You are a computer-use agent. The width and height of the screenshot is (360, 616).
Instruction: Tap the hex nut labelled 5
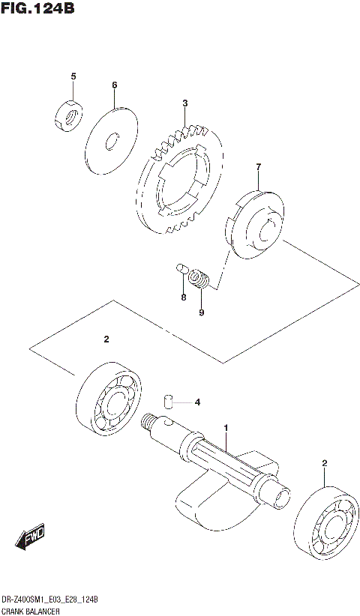pos(68,114)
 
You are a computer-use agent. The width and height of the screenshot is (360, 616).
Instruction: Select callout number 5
pos(73,76)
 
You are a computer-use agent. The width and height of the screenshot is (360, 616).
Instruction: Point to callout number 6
pos(115,85)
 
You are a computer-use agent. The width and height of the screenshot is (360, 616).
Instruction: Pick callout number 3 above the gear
pos(184,103)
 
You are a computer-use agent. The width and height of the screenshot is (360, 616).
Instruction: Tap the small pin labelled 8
pos(182,268)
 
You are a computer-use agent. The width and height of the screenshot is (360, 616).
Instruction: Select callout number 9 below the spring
pos(201,312)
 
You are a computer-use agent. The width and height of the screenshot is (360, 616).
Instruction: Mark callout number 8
pos(182,298)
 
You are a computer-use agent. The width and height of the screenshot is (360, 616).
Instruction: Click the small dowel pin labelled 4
pos(170,402)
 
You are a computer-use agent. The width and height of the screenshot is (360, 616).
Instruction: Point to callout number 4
pos(197,402)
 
